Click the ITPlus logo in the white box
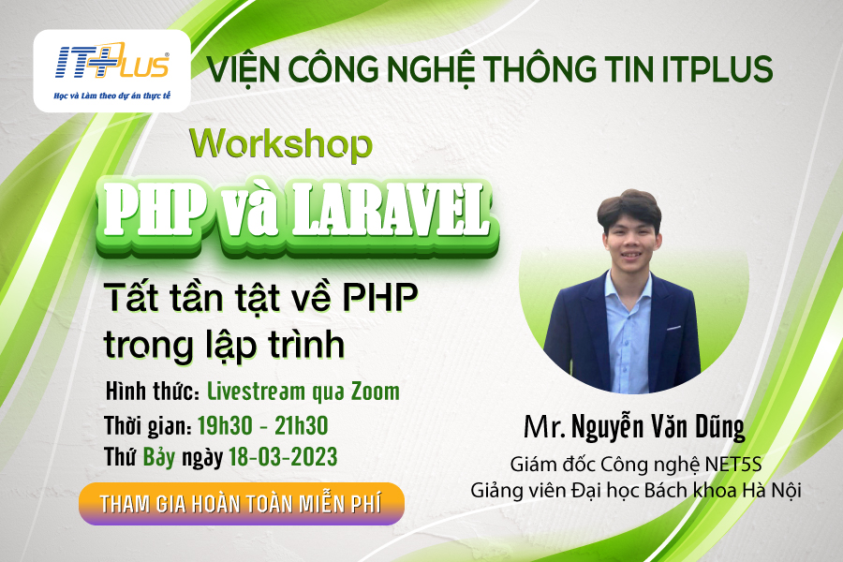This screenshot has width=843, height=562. [x=111, y=63]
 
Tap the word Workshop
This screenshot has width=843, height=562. [x=281, y=143]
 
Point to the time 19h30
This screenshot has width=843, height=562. [x=225, y=425]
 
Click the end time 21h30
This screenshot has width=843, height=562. [x=301, y=425]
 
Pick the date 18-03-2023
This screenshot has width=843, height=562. [x=283, y=456]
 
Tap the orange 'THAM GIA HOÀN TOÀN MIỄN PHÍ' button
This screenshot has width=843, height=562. [x=242, y=504]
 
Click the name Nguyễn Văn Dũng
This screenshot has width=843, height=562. [x=658, y=427]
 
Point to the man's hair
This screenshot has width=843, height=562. [x=629, y=207]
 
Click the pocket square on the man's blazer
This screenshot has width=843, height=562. [x=673, y=328]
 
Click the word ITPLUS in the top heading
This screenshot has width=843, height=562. [x=717, y=69]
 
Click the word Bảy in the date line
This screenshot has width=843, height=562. [x=158, y=457]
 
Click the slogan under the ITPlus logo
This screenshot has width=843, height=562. [x=111, y=96]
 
